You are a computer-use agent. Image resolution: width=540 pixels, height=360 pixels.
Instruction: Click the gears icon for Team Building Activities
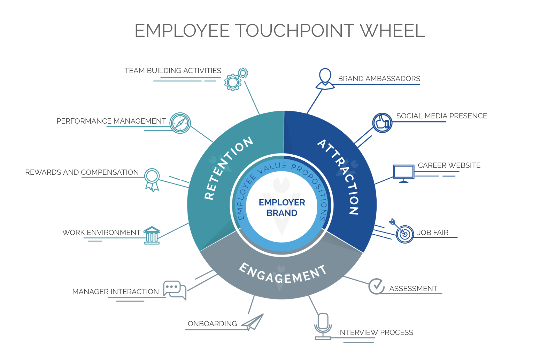235,80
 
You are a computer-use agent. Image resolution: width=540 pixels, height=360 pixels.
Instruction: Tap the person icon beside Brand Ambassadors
325,79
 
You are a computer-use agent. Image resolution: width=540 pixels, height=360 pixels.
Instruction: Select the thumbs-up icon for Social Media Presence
382,123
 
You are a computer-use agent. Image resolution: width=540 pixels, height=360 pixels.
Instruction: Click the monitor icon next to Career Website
403,173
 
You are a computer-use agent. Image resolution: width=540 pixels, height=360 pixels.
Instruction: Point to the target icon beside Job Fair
403,232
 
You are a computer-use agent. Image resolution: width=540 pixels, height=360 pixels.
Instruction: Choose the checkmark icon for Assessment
376,286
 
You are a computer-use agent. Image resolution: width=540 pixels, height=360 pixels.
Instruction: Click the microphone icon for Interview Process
323,326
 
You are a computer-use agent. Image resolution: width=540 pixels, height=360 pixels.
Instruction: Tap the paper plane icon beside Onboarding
253,322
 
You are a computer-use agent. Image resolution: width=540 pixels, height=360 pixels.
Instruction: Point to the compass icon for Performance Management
180,123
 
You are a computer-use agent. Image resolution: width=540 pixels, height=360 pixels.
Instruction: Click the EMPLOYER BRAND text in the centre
282,208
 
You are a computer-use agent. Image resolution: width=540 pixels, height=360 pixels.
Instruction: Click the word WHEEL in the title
392,31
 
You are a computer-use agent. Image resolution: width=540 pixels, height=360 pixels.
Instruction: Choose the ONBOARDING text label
212,324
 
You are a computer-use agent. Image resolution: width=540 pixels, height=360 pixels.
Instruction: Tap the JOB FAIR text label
433,233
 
